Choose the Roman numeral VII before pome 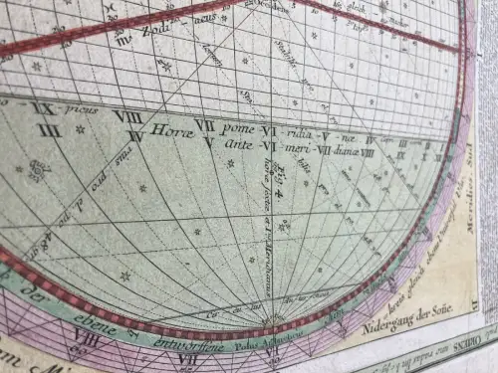click(x=205, y=125)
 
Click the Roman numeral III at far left click(x=45, y=127)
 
